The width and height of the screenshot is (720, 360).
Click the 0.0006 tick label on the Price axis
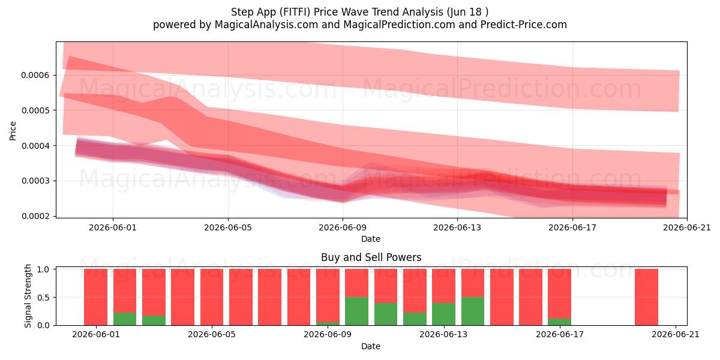tap(35, 75)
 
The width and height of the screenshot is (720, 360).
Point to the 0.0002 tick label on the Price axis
tap(35, 216)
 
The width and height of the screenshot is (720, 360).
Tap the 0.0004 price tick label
tap(35, 146)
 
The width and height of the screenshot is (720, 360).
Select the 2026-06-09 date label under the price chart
tap(343, 227)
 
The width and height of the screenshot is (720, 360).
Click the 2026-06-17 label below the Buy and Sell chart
tap(560, 334)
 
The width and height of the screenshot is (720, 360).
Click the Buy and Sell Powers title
tap(371, 257)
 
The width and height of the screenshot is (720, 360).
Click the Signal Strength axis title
tap(28, 296)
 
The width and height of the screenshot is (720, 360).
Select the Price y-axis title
tap(13, 131)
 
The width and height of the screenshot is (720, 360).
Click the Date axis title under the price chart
tap(371, 239)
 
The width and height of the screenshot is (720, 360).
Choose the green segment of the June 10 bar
tap(357, 311)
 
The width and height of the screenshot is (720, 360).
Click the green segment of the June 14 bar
tap(473, 311)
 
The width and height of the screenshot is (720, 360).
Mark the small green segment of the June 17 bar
tap(560, 322)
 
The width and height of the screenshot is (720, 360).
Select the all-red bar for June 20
tap(646, 297)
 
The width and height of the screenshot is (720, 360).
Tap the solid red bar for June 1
tap(96, 297)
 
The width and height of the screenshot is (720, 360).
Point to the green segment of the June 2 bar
tap(125, 319)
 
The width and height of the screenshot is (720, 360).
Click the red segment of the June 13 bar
tap(443, 286)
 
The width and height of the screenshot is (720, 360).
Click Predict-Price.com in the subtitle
tap(524, 25)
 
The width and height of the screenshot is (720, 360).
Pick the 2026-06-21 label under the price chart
tap(687, 227)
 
